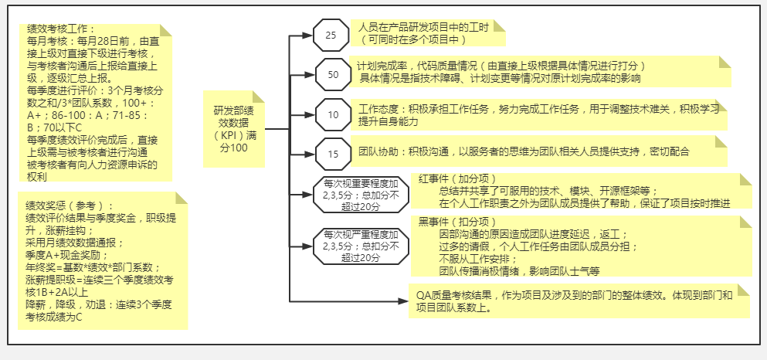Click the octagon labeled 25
point(331,36)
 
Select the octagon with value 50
point(333,75)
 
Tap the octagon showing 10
point(333,115)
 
